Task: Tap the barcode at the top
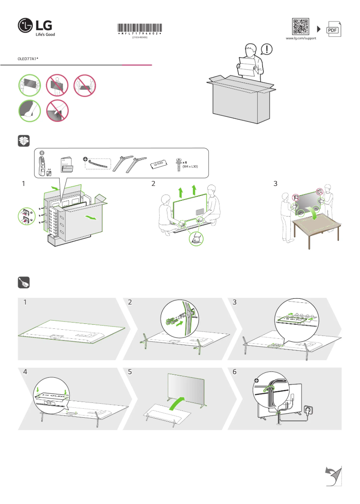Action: pyautogui.click(x=140, y=28)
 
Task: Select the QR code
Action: pyautogui.click(x=300, y=27)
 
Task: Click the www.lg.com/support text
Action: pyautogui.click(x=301, y=39)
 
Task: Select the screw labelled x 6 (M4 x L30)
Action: pyautogui.click(x=180, y=164)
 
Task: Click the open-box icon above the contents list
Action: pyautogui.click(x=24, y=141)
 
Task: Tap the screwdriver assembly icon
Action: pyautogui.click(x=24, y=283)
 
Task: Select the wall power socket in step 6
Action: pyautogui.click(x=308, y=409)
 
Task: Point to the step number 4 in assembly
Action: pyautogui.click(x=26, y=372)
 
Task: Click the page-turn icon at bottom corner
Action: pyautogui.click(x=333, y=476)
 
